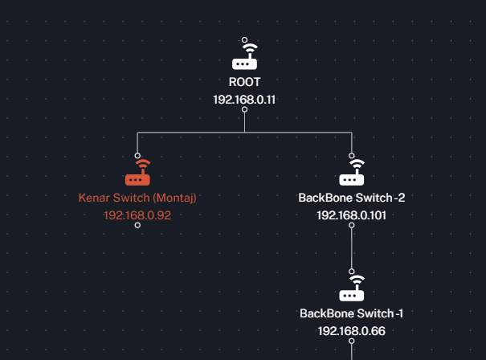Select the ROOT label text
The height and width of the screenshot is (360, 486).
tap(244, 82)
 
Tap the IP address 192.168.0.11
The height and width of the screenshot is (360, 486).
tap(244, 100)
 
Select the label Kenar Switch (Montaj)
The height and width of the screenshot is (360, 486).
tap(137, 198)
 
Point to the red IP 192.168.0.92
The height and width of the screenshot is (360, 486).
tap(137, 215)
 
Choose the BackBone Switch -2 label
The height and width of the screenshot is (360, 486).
tap(352, 198)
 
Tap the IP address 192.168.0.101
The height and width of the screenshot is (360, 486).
tap(352, 215)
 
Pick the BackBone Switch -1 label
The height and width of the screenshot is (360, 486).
tap(352, 313)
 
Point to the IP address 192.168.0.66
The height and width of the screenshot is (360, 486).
tap(352, 330)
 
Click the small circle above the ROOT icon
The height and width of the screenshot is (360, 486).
tap(244, 39)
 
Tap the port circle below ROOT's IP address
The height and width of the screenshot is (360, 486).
tap(244, 110)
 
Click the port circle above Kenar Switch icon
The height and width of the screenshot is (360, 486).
tap(137, 155)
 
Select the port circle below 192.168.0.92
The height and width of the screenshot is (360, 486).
tap(137, 226)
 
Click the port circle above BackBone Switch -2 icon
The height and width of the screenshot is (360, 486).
tap(352, 155)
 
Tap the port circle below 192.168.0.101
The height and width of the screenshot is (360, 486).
tap(352, 226)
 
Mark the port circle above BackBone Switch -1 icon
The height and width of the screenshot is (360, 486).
tap(352, 271)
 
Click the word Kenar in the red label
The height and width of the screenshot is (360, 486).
tap(92, 198)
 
